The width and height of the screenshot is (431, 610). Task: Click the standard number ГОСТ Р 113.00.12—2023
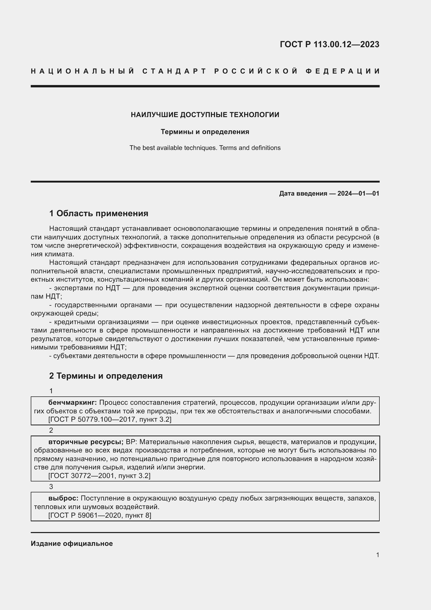(329, 44)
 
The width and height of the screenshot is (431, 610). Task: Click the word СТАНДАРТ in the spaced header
(174, 71)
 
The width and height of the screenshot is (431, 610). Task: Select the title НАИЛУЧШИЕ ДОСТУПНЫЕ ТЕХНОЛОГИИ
(205, 115)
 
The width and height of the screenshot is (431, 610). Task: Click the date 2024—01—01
(358, 194)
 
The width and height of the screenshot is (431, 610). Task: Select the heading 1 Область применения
(99, 213)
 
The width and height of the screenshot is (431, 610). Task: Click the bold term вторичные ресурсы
(86, 442)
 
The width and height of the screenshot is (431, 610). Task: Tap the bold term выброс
(63, 498)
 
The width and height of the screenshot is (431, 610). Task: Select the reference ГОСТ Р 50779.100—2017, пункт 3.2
(110, 420)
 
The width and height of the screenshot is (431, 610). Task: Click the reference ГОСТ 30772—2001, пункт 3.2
(99, 476)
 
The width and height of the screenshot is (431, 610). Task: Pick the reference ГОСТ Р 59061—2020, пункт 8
(100, 515)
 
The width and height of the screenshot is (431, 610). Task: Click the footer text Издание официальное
(72, 543)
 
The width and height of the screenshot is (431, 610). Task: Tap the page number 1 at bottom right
(378, 555)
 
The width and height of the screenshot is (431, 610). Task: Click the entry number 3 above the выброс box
(51, 487)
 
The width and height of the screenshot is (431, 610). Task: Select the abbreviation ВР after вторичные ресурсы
(131, 442)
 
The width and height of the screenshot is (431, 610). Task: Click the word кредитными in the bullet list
(75, 322)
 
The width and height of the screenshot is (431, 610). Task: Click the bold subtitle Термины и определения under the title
(205, 132)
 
